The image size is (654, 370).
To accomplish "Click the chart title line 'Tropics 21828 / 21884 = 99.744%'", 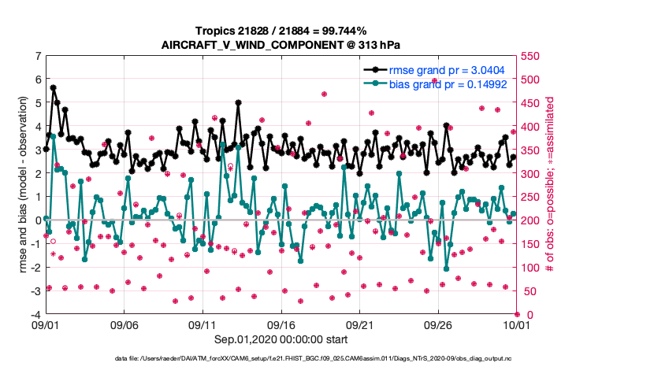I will click(281, 31).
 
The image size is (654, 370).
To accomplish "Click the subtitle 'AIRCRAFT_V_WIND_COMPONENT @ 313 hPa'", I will click(281, 44).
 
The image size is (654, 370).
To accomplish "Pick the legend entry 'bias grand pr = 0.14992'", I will click(448, 83).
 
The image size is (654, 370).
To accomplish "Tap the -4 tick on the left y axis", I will click(35, 315).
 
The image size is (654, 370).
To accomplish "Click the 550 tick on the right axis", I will click(530, 56).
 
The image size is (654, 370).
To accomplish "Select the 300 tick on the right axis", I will click(530, 174).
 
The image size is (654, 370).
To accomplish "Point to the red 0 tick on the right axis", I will click(525, 315).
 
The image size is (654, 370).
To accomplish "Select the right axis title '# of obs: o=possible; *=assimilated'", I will click(550, 185).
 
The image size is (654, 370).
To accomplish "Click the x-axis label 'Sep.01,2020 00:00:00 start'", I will click(281, 339).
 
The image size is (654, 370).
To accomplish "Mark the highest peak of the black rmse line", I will click(54, 87).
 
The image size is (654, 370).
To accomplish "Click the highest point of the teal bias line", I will click(52, 136).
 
